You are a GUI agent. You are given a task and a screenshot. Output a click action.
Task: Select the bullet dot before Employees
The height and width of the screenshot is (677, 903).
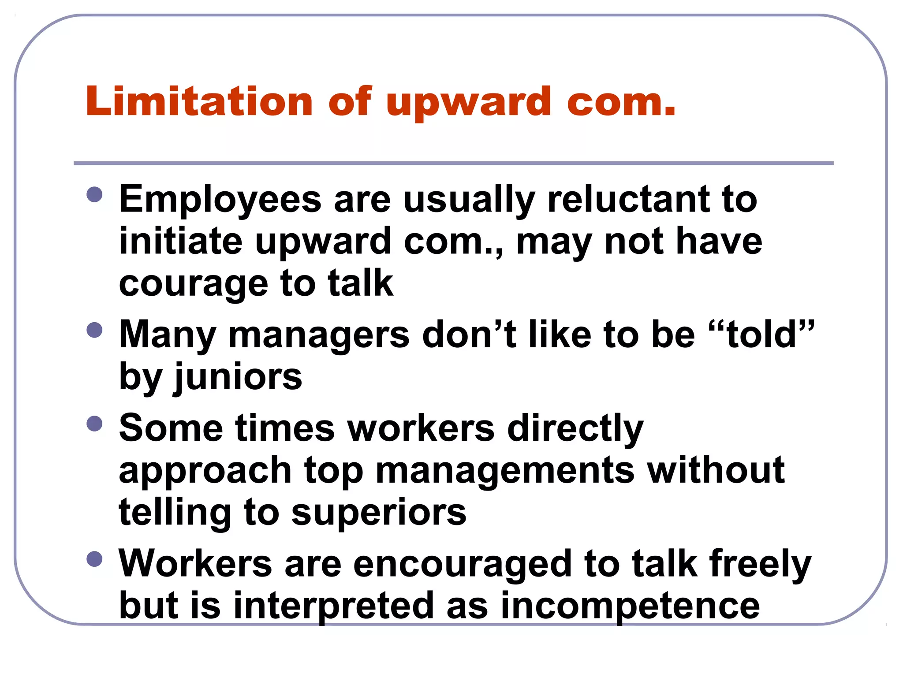(94, 194)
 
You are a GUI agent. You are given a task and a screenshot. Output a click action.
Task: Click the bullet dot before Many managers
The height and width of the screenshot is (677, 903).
(94, 330)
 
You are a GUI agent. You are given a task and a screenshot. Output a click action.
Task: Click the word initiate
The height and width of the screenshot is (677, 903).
(181, 242)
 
